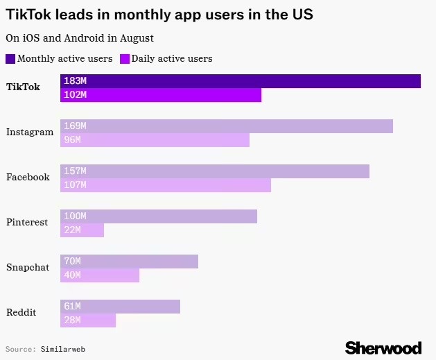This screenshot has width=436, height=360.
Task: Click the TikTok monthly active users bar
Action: [241, 81]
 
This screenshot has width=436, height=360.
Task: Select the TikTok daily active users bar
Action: [161, 95]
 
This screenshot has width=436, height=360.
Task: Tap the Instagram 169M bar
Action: [227, 126]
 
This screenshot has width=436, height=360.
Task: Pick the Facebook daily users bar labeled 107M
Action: [166, 185]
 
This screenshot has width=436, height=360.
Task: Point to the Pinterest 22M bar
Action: [82, 230]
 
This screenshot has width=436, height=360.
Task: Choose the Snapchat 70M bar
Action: [129, 262]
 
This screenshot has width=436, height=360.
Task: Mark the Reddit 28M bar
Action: [88, 320]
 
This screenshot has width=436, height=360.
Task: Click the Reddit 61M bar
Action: [120, 307]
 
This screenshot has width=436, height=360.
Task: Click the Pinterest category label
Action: [27, 222]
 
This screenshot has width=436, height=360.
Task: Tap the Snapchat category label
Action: [28, 267]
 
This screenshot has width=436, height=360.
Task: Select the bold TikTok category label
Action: [23, 87]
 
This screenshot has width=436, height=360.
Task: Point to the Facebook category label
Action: [28, 177]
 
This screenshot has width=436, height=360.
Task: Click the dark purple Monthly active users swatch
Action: [10, 59]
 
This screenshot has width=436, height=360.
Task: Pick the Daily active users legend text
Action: [172, 59]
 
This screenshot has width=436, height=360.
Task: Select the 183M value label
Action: [75, 81]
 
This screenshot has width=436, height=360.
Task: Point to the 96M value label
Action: [72, 140]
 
